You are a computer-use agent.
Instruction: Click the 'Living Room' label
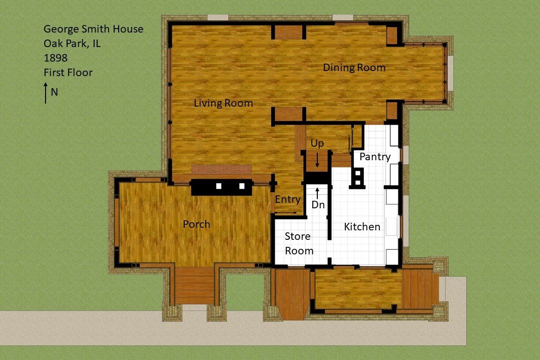tap(223, 103)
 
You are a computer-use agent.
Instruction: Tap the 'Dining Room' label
tap(354, 68)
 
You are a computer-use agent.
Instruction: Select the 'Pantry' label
tap(375, 157)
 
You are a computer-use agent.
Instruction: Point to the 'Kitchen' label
tap(362, 227)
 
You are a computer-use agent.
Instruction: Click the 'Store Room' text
tap(299, 243)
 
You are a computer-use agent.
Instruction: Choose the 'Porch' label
tap(196, 224)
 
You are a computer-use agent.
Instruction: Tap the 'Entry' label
tap(288, 199)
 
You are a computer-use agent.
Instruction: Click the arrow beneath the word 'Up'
tap(317, 160)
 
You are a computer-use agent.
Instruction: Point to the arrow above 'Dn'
tap(317, 193)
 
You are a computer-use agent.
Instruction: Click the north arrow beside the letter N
tap(46, 93)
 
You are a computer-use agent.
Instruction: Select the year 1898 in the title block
tap(56, 58)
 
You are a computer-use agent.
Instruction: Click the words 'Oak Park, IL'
tap(72, 44)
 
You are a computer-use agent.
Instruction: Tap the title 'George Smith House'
tap(93, 29)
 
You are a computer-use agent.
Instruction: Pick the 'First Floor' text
tap(68, 72)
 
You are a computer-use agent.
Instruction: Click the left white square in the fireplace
tap(219, 186)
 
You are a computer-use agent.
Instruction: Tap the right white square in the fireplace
tap(242, 186)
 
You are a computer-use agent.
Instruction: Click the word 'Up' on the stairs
tap(317, 144)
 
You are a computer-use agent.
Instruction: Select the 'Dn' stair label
tap(318, 205)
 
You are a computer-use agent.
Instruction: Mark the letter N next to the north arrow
tap(55, 92)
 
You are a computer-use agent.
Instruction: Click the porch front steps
tap(195, 285)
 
